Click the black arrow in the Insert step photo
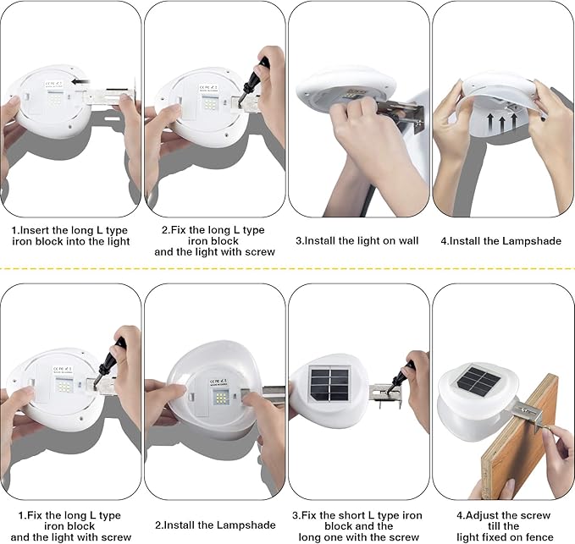tap(81, 81)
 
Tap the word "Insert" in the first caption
tap(34, 230)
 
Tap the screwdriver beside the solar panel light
tap(403, 377)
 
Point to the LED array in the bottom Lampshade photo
tap(221, 398)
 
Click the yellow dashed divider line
tap(288, 268)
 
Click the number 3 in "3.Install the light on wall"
tap(298, 241)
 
